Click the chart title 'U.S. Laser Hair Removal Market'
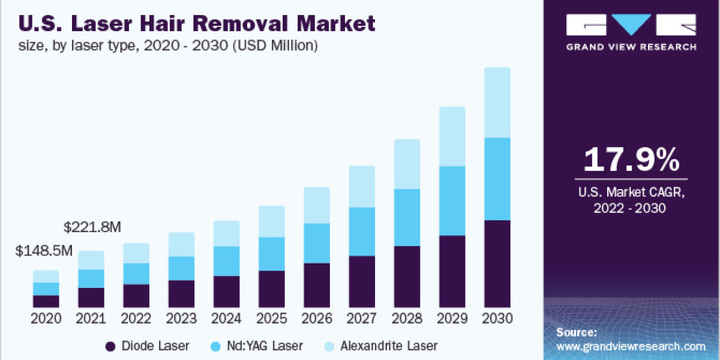click(x=197, y=23)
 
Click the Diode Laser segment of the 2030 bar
click(x=497, y=264)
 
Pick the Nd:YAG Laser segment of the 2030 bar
click(x=497, y=179)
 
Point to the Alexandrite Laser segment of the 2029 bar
click(x=452, y=136)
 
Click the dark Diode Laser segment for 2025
click(x=272, y=289)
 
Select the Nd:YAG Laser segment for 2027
click(x=362, y=232)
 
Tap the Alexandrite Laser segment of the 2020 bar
click(x=46, y=276)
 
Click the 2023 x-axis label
click(x=182, y=318)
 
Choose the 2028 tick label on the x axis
click(x=407, y=318)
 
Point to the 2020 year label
click(x=46, y=318)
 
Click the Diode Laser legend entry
click(x=147, y=346)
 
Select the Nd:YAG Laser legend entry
click(x=257, y=346)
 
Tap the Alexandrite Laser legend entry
click(x=380, y=346)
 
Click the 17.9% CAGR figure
click(x=631, y=160)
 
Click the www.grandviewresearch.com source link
click(x=630, y=346)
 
